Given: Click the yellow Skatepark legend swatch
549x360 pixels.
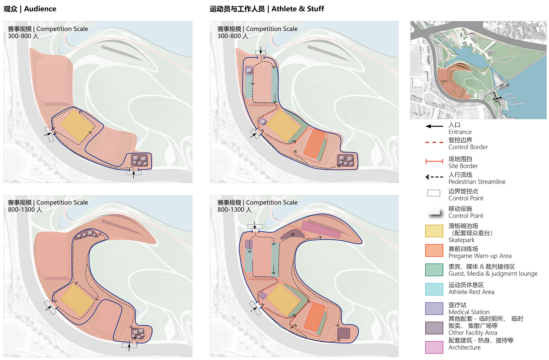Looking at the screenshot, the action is tap(434, 231).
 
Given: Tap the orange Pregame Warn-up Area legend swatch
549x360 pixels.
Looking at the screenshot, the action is tap(434, 250).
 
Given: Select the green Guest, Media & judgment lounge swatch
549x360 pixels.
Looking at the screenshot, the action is tap(434, 270).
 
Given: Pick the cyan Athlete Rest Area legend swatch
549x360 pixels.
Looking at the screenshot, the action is tap(434, 289).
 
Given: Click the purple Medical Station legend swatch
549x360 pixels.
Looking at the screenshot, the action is tap(434, 308).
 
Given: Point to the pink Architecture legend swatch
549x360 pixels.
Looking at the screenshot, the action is tap(434, 347).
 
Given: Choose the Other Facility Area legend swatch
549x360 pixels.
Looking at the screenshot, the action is tap(434, 328).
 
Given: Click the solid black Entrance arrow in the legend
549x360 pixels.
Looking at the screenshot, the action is tap(434, 126).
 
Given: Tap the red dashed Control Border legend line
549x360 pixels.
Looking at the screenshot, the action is tap(434, 142).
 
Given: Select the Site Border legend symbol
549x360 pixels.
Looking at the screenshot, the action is tap(434, 161).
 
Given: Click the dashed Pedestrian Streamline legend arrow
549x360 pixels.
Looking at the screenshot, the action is tap(434, 177).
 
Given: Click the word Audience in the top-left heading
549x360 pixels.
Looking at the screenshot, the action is tap(40, 9).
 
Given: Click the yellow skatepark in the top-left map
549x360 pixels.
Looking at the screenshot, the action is tap(77, 126).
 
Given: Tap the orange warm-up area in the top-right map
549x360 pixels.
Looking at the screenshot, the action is tap(315, 143).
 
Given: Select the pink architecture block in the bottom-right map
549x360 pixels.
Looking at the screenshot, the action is tap(321, 230).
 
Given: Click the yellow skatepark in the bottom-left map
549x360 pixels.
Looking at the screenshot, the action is tap(77, 300).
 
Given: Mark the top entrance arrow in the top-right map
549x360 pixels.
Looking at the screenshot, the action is tap(261, 50).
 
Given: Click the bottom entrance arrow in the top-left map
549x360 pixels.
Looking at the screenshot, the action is tap(134, 174).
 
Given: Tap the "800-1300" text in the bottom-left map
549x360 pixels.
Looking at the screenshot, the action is tap(21, 210).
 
